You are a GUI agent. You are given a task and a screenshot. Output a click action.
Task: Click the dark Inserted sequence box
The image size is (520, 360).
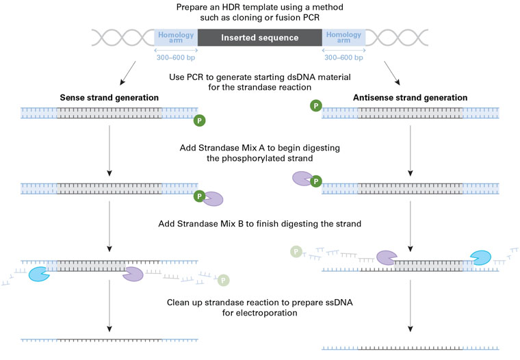pyautogui.click(x=260, y=38)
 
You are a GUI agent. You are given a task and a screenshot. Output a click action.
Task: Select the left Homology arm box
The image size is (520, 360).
pyautogui.click(x=177, y=38)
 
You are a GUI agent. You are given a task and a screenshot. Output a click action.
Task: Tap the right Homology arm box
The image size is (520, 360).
pyautogui.click(x=343, y=38)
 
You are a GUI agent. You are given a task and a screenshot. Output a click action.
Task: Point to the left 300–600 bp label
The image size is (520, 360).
pyautogui.click(x=177, y=58)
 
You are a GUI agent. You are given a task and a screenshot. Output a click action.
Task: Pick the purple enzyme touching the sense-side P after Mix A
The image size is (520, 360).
pyautogui.click(x=213, y=199)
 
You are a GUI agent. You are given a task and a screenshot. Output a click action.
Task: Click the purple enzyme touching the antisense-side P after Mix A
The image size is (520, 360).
pyautogui.click(x=302, y=179)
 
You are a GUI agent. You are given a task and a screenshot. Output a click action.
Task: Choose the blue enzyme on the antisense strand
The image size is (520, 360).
pyautogui.click(x=480, y=258)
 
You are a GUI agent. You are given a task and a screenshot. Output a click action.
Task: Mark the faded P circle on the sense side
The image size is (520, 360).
pyautogui.click(x=223, y=280)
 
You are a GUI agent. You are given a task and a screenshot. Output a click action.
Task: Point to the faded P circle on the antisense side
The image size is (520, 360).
pyautogui.click(x=296, y=251)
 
